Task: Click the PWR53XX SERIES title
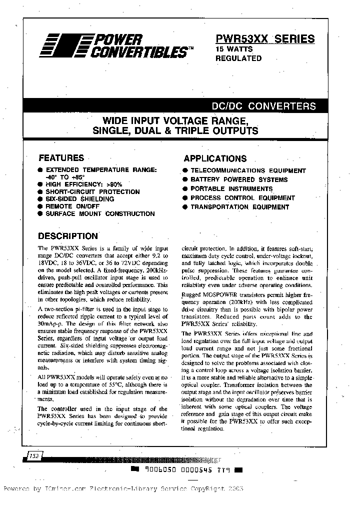[x=265, y=38]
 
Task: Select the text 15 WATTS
[x=234, y=49]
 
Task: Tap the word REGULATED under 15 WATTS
[x=238, y=58]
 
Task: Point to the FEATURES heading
[x=61, y=157]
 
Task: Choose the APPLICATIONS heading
[x=215, y=158]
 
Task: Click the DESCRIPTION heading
[x=68, y=236]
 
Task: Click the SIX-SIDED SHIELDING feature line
[x=79, y=199]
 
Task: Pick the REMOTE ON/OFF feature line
[x=72, y=206]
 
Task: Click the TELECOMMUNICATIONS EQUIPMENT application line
[x=247, y=170]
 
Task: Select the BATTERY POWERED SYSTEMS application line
[x=239, y=179]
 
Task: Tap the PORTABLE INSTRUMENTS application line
[x=231, y=188]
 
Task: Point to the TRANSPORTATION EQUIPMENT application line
[x=239, y=206]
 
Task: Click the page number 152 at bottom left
[x=33, y=456]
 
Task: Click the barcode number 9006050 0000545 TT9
[x=186, y=470]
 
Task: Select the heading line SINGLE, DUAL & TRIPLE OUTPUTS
[x=175, y=131]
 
